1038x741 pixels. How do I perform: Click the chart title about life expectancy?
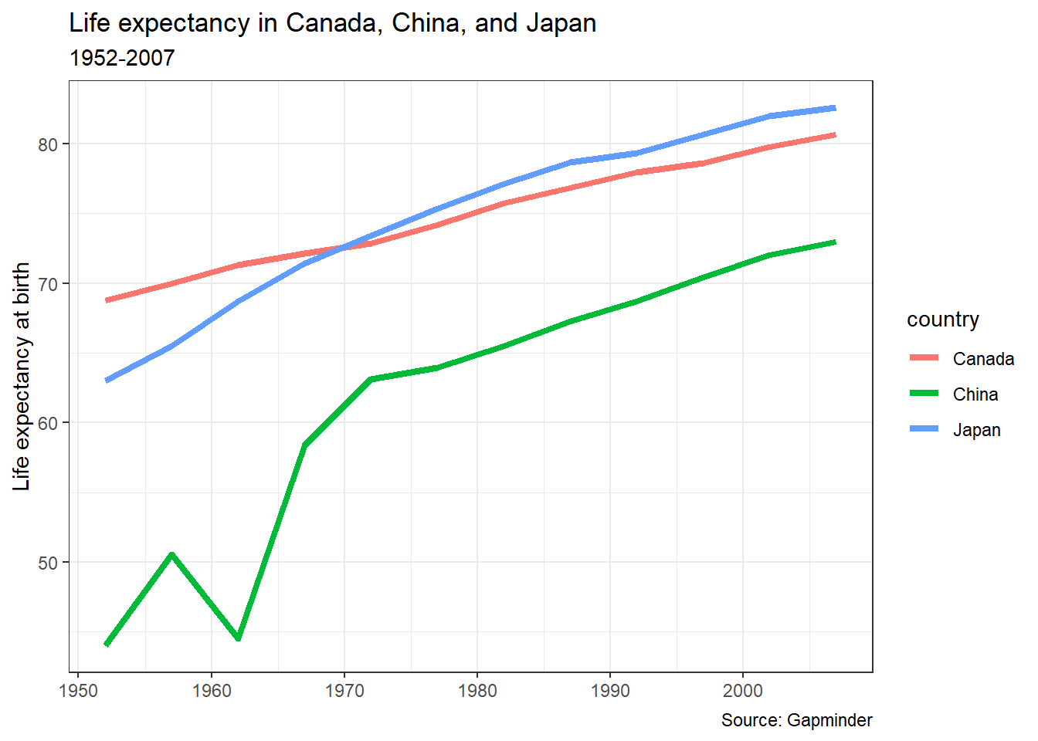click(332, 23)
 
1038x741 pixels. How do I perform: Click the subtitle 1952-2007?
click(122, 58)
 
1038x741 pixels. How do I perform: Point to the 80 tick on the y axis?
click(49, 144)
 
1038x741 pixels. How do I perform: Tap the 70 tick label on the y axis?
click(49, 284)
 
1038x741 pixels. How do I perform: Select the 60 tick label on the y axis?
click(49, 423)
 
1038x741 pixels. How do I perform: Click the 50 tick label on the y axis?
click(49, 563)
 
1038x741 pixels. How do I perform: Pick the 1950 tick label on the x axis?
click(79, 690)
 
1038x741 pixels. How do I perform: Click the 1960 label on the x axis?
click(212, 690)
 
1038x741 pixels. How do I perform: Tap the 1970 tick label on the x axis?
click(344, 690)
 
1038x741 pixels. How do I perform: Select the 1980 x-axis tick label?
click(477, 690)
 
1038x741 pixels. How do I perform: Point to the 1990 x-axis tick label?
click(610, 690)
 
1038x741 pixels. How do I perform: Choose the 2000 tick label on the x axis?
click(743, 690)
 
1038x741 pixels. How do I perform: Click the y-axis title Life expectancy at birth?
click(22, 376)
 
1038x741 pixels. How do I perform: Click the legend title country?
click(942, 320)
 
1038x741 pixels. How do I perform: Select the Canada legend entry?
click(982, 359)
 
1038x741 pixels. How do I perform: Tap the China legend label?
click(975, 394)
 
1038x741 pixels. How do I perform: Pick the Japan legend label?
click(976, 430)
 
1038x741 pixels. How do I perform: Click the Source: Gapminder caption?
click(796, 720)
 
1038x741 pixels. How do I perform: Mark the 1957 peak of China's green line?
click(171, 554)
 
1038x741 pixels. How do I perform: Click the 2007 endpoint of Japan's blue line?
click(834, 108)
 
